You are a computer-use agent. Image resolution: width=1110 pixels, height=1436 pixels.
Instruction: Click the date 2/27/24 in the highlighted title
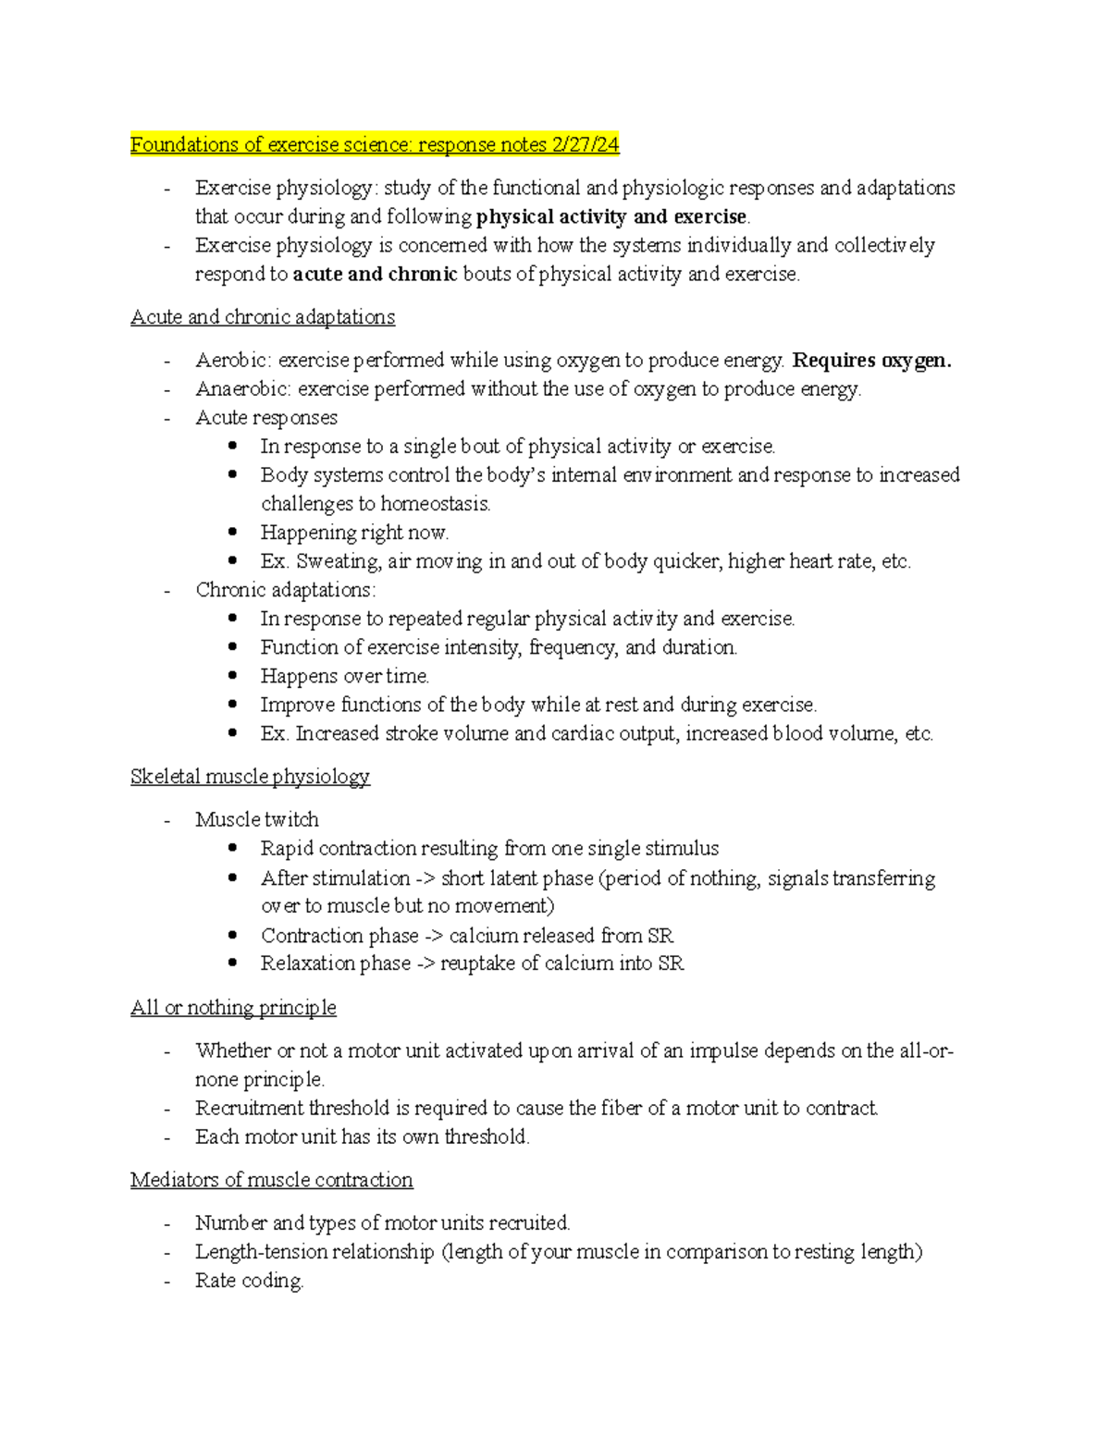(585, 145)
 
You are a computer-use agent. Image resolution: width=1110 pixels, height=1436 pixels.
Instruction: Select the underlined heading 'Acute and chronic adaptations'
(263, 317)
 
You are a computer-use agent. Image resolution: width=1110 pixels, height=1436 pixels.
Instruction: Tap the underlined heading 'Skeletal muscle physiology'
(250, 777)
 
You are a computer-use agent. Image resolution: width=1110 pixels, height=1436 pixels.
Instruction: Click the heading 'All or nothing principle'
(233, 1008)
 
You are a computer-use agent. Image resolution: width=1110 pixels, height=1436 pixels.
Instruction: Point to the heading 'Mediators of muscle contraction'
(271, 1180)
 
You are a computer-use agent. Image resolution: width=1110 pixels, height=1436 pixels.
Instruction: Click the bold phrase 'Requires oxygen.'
(872, 361)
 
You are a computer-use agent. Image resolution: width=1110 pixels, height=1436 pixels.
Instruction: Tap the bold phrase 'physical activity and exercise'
(611, 217)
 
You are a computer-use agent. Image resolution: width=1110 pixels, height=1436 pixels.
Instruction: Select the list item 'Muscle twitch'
(257, 820)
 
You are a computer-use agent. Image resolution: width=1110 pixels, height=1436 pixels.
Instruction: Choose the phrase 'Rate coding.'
(249, 1282)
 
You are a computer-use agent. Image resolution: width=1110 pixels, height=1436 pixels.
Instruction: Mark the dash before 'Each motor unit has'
(166, 1137)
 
